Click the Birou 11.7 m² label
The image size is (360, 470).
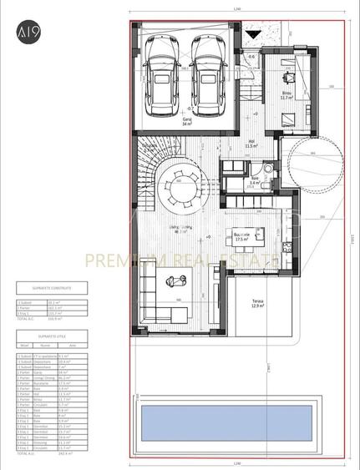286,95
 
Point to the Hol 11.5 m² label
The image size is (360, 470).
251,144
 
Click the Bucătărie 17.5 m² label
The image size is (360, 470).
244,236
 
